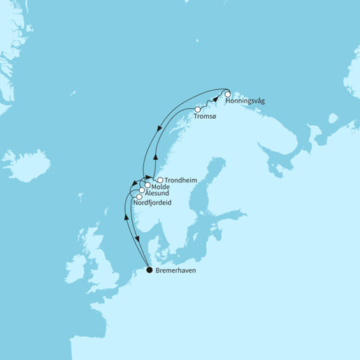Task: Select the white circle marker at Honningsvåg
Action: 227,94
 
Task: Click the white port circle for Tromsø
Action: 198,110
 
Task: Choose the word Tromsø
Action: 215,117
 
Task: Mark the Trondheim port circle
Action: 160,180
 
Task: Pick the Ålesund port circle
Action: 141,190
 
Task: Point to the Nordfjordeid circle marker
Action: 138,197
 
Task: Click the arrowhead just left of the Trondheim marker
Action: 148,178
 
